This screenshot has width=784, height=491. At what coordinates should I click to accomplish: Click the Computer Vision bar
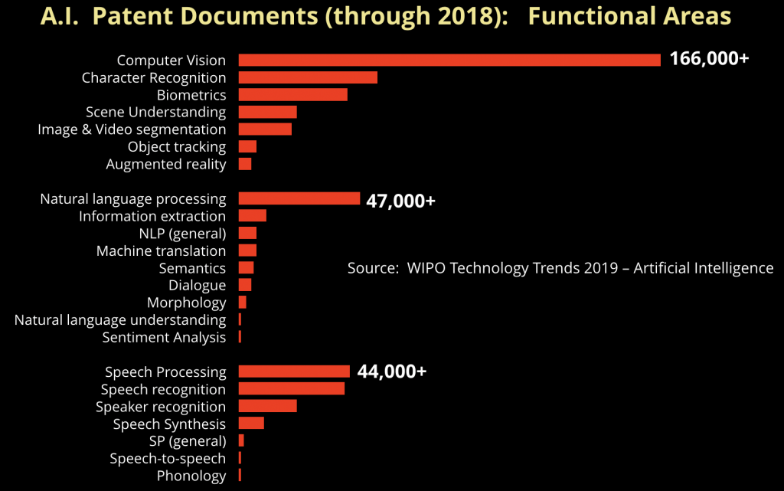coord(449,60)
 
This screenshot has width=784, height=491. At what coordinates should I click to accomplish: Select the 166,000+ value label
coord(709,59)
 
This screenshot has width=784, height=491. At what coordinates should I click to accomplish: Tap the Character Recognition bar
coord(308,77)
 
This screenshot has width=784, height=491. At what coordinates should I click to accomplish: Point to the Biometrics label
coord(191,95)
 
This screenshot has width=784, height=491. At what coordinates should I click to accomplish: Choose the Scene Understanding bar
coord(267,112)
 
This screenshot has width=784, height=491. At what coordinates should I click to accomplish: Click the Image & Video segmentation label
coord(132,129)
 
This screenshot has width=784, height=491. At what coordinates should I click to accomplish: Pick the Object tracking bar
coord(247,146)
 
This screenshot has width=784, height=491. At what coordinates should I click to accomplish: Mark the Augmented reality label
coord(166,164)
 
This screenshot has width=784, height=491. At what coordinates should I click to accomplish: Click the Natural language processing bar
coord(299,198)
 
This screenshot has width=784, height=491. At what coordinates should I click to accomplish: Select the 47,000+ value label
coord(401,201)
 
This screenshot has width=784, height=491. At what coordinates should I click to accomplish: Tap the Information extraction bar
coord(252,216)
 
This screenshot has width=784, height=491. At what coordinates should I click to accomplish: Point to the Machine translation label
coord(161,250)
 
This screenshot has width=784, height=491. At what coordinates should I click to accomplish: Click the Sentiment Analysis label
coord(164,337)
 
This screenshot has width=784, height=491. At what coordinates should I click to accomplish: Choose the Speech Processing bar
coord(294,372)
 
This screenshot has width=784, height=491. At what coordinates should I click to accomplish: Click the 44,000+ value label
coord(391,372)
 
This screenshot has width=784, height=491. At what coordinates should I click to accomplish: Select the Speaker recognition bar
coord(267,406)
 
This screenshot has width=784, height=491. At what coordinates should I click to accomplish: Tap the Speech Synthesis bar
coord(251,424)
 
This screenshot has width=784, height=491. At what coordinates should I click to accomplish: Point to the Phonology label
coord(191,476)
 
